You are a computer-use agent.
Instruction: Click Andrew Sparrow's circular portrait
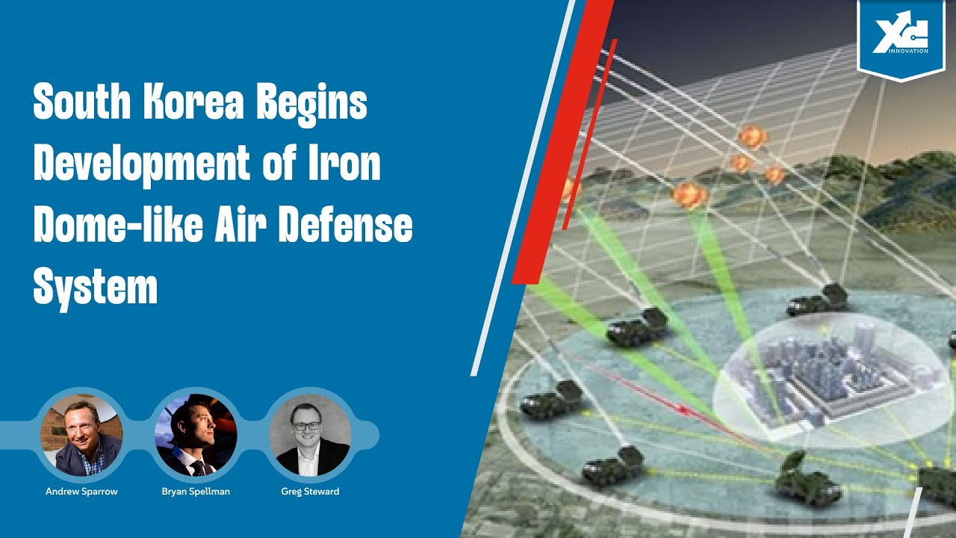point(81,436)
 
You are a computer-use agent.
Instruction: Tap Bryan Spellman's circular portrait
point(196,436)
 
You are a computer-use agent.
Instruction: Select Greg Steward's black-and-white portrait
point(309,436)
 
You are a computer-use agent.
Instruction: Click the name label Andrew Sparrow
point(81,492)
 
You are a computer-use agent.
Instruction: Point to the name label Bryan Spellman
point(196,492)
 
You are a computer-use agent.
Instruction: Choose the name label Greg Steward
point(309,492)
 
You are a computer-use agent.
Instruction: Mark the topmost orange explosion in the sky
point(752,136)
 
